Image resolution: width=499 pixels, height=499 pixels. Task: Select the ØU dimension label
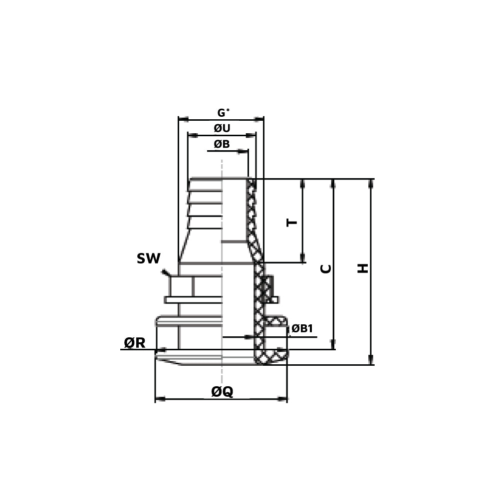tap(222, 128)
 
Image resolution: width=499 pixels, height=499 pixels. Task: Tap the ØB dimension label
tap(222, 144)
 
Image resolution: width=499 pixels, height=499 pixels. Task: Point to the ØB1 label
tap(302, 328)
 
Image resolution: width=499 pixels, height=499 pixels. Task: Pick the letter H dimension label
tap(363, 268)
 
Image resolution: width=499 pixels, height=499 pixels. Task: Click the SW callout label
tap(149, 258)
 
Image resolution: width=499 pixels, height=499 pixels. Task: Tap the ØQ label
tap(222, 392)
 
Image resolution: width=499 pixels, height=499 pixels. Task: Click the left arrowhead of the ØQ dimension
tap(159, 399)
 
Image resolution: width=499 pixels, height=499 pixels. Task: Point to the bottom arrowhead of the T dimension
tap(303, 258)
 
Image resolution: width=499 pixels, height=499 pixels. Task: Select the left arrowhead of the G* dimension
tap(183, 119)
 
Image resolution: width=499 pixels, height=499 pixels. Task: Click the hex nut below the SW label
tap(181, 286)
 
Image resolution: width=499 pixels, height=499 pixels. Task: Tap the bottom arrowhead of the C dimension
tap(333, 345)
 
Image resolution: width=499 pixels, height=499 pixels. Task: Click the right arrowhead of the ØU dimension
tap(252, 135)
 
